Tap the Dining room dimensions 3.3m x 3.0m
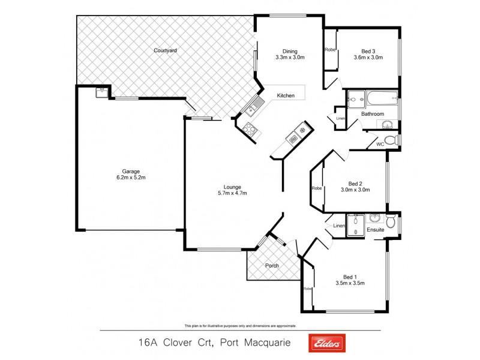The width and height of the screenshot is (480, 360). tap(290, 58)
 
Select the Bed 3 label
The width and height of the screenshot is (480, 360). tap(368, 50)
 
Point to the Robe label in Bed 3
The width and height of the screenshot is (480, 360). tap(330, 50)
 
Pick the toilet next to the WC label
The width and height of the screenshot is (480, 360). tap(391, 140)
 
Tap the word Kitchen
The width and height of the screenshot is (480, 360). tap(285, 96)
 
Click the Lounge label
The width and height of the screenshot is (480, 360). tap(233, 186)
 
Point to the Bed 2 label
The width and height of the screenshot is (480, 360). tap(355, 184)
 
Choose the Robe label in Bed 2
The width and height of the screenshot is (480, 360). tap(316, 188)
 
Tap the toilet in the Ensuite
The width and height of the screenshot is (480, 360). tap(391, 223)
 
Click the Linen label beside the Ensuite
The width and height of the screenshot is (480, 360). tap(339, 226)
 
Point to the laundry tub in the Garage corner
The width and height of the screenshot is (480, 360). tap(101, 92)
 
